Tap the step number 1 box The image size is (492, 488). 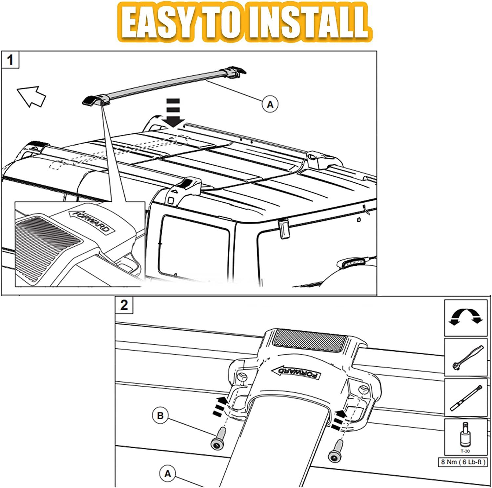coord(10,60)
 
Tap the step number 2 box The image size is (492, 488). coord(124,305)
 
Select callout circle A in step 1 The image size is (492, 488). coord(270,104)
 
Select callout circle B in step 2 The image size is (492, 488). coord(160,416)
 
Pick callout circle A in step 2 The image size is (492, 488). coord(168,474)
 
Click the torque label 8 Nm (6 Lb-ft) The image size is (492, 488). coord(463,462)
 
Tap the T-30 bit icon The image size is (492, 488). coord(465,436)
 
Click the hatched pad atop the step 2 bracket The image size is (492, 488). coord(310,340)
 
